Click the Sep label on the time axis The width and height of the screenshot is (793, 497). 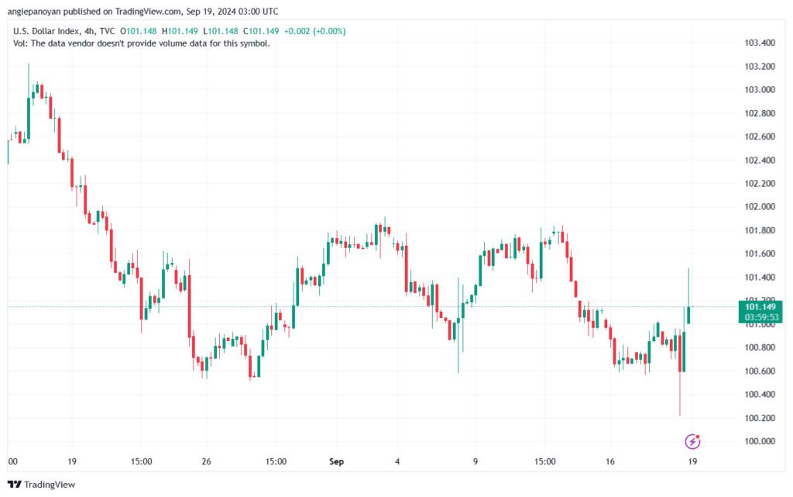[x=336, y=462]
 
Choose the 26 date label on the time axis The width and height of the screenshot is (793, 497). [x=207, y=462]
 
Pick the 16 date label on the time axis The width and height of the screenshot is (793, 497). [x=610, y=462]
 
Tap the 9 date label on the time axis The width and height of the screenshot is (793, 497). [x=475, y=462]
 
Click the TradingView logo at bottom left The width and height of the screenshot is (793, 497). [x=41, y=485]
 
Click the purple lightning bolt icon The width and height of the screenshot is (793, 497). [x=693, y=441]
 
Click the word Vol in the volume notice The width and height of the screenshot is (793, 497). [x=21, y=43]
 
